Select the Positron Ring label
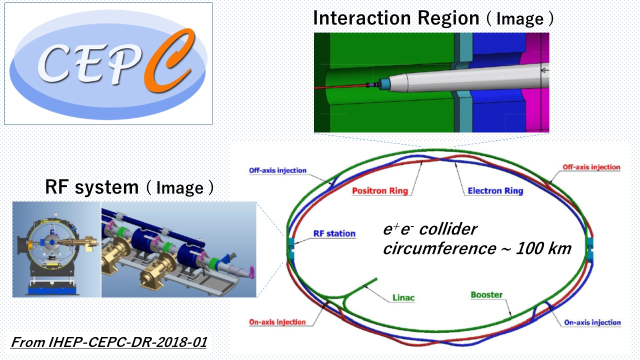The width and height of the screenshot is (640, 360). coord(380,191)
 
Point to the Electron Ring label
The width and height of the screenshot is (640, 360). coord(495,191)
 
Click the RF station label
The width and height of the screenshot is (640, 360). coord(334,233)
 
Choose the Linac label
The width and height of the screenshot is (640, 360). coord(402,298)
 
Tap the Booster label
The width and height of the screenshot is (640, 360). coord(486,295)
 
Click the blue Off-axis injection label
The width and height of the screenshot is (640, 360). coord(277,170)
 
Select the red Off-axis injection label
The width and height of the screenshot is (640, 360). coord(591,167)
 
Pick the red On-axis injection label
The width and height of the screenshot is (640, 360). coord(277,322)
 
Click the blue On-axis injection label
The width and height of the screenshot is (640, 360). coord(592,322)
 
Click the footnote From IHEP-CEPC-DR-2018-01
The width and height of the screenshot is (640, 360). coord(108,343)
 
